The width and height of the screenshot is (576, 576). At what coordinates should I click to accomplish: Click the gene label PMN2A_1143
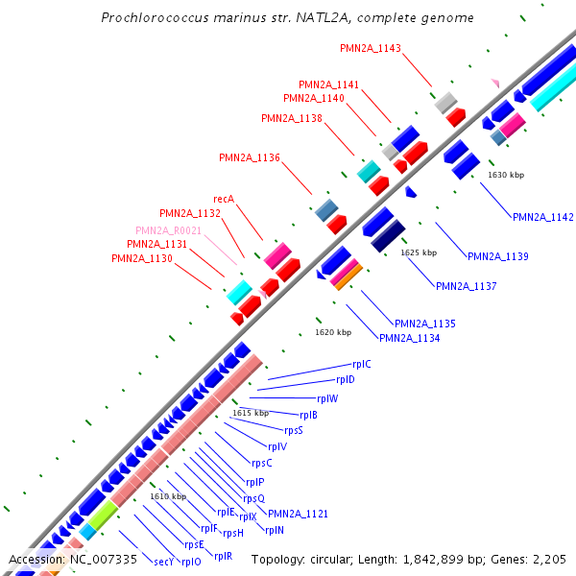click(371, 48)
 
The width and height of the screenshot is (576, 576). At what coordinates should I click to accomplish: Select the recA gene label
click(224, 199)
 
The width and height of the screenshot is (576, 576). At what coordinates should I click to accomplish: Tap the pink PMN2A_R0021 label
click(168, 230)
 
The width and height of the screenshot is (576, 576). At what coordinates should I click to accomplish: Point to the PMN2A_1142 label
click(542, 218)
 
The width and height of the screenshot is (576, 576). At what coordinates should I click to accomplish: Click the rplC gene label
click(361, 365)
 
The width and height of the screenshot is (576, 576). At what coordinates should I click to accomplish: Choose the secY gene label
click(163, 562)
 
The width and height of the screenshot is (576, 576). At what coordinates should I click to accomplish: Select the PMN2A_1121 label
click(298, 514)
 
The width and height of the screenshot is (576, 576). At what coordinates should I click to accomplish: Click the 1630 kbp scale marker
click(506, 175)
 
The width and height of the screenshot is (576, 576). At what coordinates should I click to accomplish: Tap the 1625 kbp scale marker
click(419, 252)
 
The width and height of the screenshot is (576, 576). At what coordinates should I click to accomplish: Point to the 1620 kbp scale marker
click(333, 332)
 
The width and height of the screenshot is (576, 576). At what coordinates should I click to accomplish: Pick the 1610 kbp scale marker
click(168, 496)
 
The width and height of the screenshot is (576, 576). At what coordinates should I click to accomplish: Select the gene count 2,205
click(547, 559)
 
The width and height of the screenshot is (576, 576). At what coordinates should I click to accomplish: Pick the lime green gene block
click(102, 515)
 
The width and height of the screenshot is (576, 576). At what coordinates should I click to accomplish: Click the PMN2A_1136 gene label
click(250, 157)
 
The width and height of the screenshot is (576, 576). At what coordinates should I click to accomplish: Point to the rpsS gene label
click(294, 430)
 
